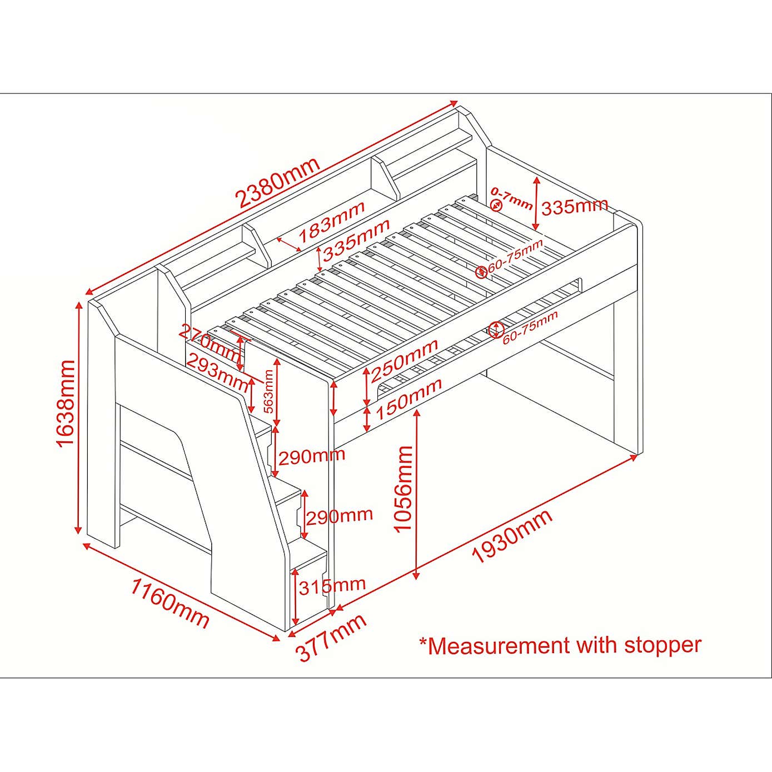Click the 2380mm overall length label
click(x=278, y=182)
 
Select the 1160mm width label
click(x=170, y=603)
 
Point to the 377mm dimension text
click(x=331, y=637)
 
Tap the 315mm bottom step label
click(x=332, y=585)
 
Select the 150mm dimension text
click(x=409, y=399)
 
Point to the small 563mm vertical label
click(x=268, y=391)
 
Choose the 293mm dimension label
click(x=217, y=372)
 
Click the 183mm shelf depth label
click(x=332, y=222)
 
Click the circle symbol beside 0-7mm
click(x=496, y=206)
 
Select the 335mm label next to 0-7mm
click(x=575, y=207)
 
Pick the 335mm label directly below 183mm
click(x=356, y=241)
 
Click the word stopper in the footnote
click(x=663, y=645)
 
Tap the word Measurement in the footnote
click(x=499, y=646)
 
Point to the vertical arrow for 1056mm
click(x=417, y=495)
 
